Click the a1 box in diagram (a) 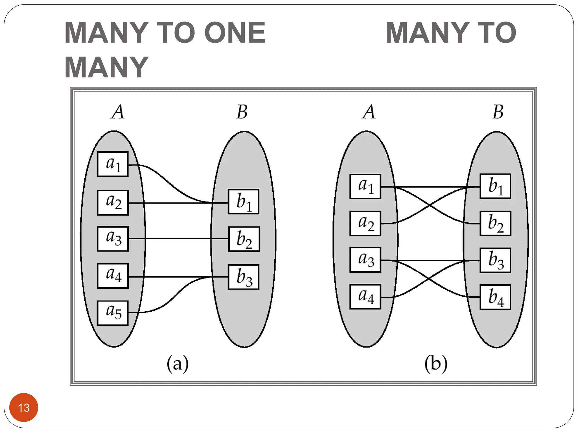[113, 164]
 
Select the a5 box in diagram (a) [113, 313]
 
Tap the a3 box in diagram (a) [113, 239]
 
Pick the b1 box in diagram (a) [244, 202]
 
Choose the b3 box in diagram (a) [244, 277]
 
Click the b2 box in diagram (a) [244, 239]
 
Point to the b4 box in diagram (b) [495, 297]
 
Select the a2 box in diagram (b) [365, 223]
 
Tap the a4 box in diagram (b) [365, 297]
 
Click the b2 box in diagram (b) [495, 223]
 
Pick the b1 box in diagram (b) [495, 186]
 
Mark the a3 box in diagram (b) [365, 260]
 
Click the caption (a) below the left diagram [178, 364]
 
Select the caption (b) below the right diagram [436, 364]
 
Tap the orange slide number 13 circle [24, 407]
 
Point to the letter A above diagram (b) [369, 112]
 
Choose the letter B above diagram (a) [242, 112]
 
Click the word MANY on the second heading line [106, 68]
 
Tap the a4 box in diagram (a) [113, 276]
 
